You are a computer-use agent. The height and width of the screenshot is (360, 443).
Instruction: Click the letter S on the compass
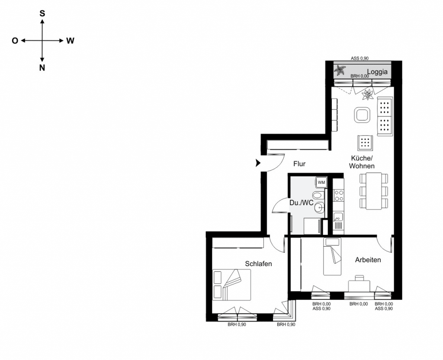click(x=42, y=13)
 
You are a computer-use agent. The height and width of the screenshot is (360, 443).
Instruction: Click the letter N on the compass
click(x=42, y=67)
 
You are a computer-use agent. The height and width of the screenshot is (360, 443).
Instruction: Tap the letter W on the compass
click(x=71, y=41)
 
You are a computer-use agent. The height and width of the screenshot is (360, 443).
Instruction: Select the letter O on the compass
click(x=15, y=41)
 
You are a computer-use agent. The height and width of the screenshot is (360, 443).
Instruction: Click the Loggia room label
click(x=377, y=72)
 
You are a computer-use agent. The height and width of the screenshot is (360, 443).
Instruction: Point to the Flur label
click(x=299, y=164)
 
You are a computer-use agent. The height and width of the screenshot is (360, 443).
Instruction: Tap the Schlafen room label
click(x=258, y=264)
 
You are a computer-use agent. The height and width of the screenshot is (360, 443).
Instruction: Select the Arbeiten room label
click(x=368, y=260)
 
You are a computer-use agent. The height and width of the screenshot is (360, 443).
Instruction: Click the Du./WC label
click(x=302, y=202)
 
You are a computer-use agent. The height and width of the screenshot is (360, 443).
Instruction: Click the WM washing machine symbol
click(x=321, y=183)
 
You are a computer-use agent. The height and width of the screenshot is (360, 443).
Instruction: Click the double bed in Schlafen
click(x=232, y=284)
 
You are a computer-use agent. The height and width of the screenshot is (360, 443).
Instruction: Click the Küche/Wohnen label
click(x=362, y=162)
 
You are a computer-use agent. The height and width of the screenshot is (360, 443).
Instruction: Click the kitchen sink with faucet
click(x=338, y=222)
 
